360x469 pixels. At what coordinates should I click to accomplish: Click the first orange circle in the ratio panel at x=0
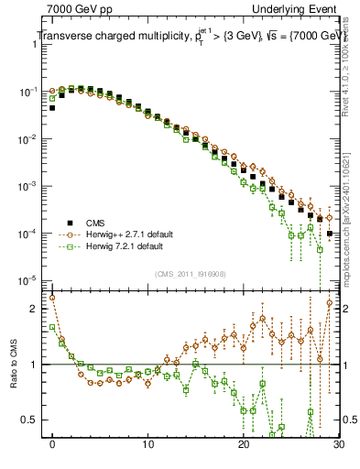point(52,298)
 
